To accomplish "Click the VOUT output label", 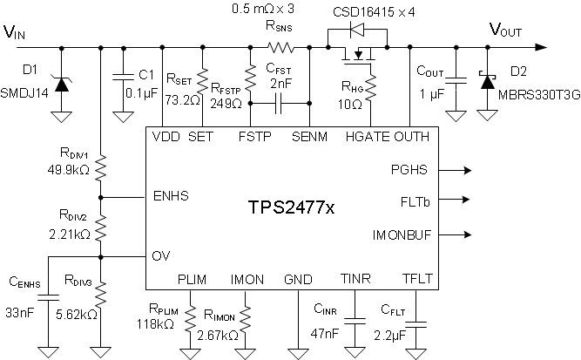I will point(506,30).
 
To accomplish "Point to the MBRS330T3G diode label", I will point(537,93).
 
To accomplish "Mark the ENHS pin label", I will point(171,196).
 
